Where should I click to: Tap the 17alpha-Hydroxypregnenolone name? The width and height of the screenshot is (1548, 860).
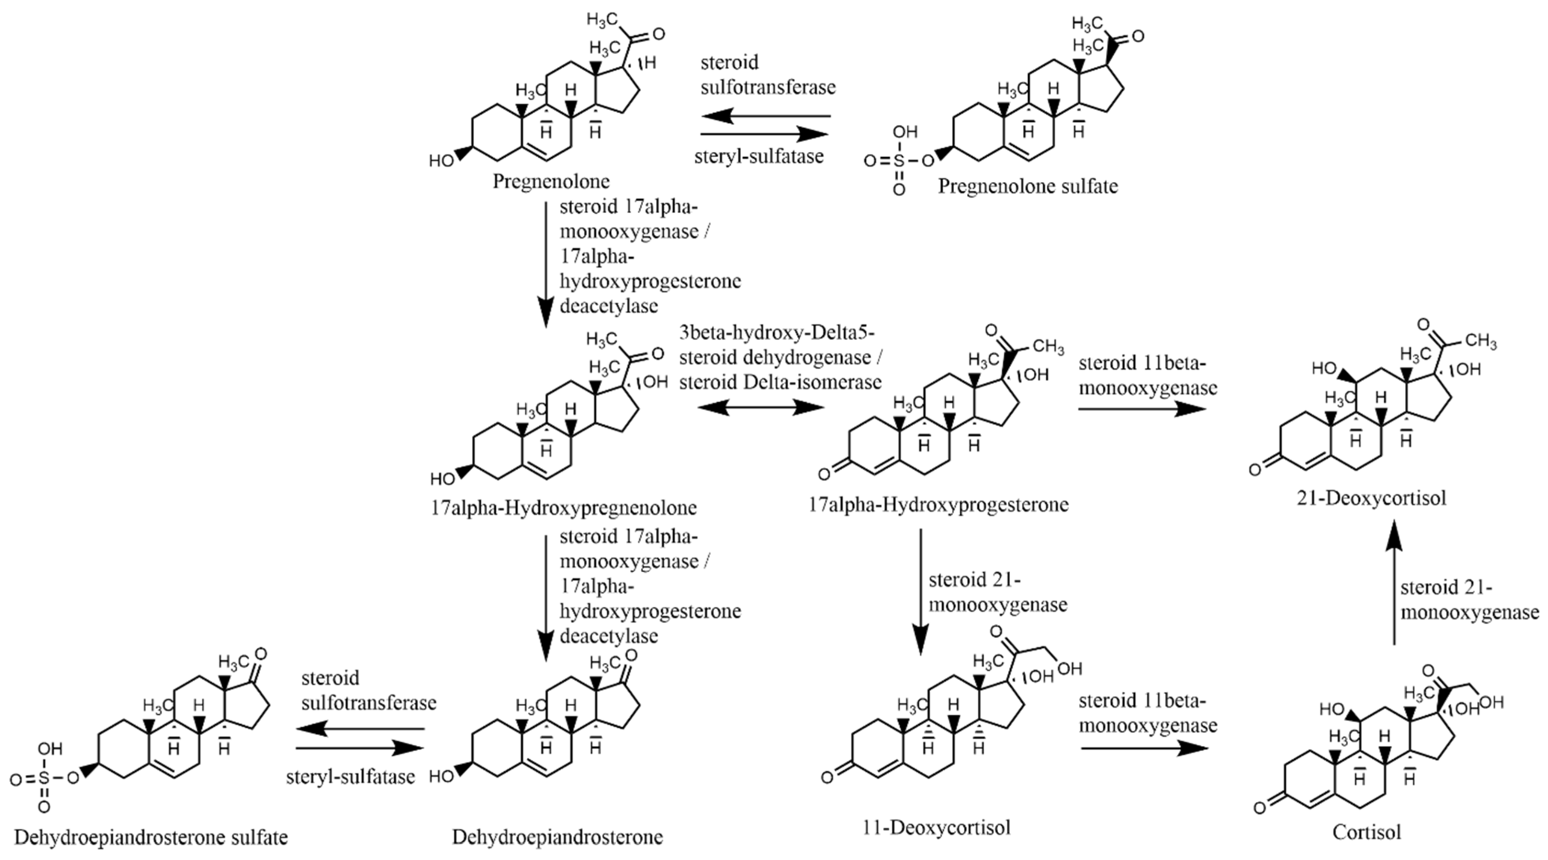(563, 507)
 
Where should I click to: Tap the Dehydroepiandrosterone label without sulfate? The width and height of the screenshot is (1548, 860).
(557, 837)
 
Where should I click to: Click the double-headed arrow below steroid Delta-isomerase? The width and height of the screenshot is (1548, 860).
(761, 408)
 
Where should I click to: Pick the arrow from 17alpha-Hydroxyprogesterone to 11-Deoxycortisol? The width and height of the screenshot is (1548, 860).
(921, 591)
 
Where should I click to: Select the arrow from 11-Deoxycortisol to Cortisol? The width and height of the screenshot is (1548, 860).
(1143, 748)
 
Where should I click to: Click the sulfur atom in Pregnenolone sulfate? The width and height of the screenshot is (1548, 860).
(898, 161)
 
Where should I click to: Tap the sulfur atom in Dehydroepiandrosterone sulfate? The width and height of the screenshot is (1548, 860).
(43, 779)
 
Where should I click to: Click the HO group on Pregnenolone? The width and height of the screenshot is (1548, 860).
(442, 160)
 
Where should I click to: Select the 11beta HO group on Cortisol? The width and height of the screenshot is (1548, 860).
(1332, 709)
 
